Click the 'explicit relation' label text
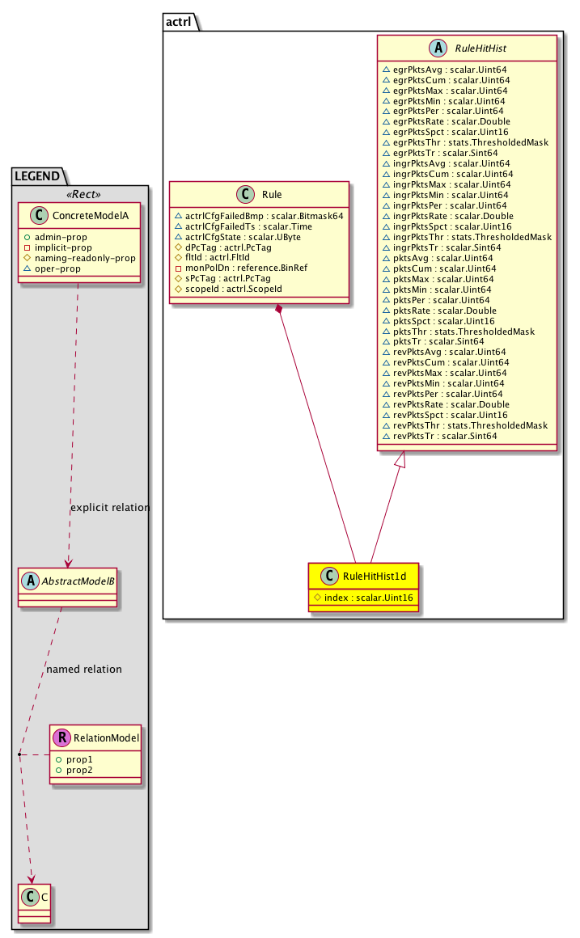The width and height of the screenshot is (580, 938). tap(110, 508)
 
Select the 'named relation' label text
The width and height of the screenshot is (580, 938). tap(84, 669)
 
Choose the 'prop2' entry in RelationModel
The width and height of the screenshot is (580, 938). tap(79, 771)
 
